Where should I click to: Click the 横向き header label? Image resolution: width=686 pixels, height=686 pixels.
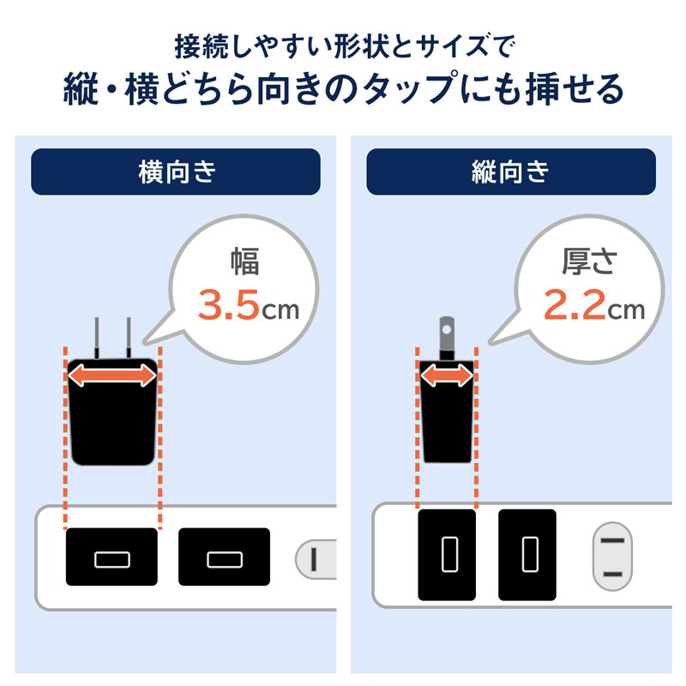point(175,172)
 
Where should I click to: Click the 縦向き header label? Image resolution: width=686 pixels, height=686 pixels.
point(510,172)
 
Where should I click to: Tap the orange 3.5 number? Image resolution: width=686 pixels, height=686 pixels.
point(229,305)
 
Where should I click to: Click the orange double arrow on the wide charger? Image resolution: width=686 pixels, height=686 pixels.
point(113,375)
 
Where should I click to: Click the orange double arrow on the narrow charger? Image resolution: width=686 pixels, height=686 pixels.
point(446,375)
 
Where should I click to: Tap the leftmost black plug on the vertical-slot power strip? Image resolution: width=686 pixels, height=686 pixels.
point(447,555)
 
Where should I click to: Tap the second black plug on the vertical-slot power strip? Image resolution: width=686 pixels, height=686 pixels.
point(527,555)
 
